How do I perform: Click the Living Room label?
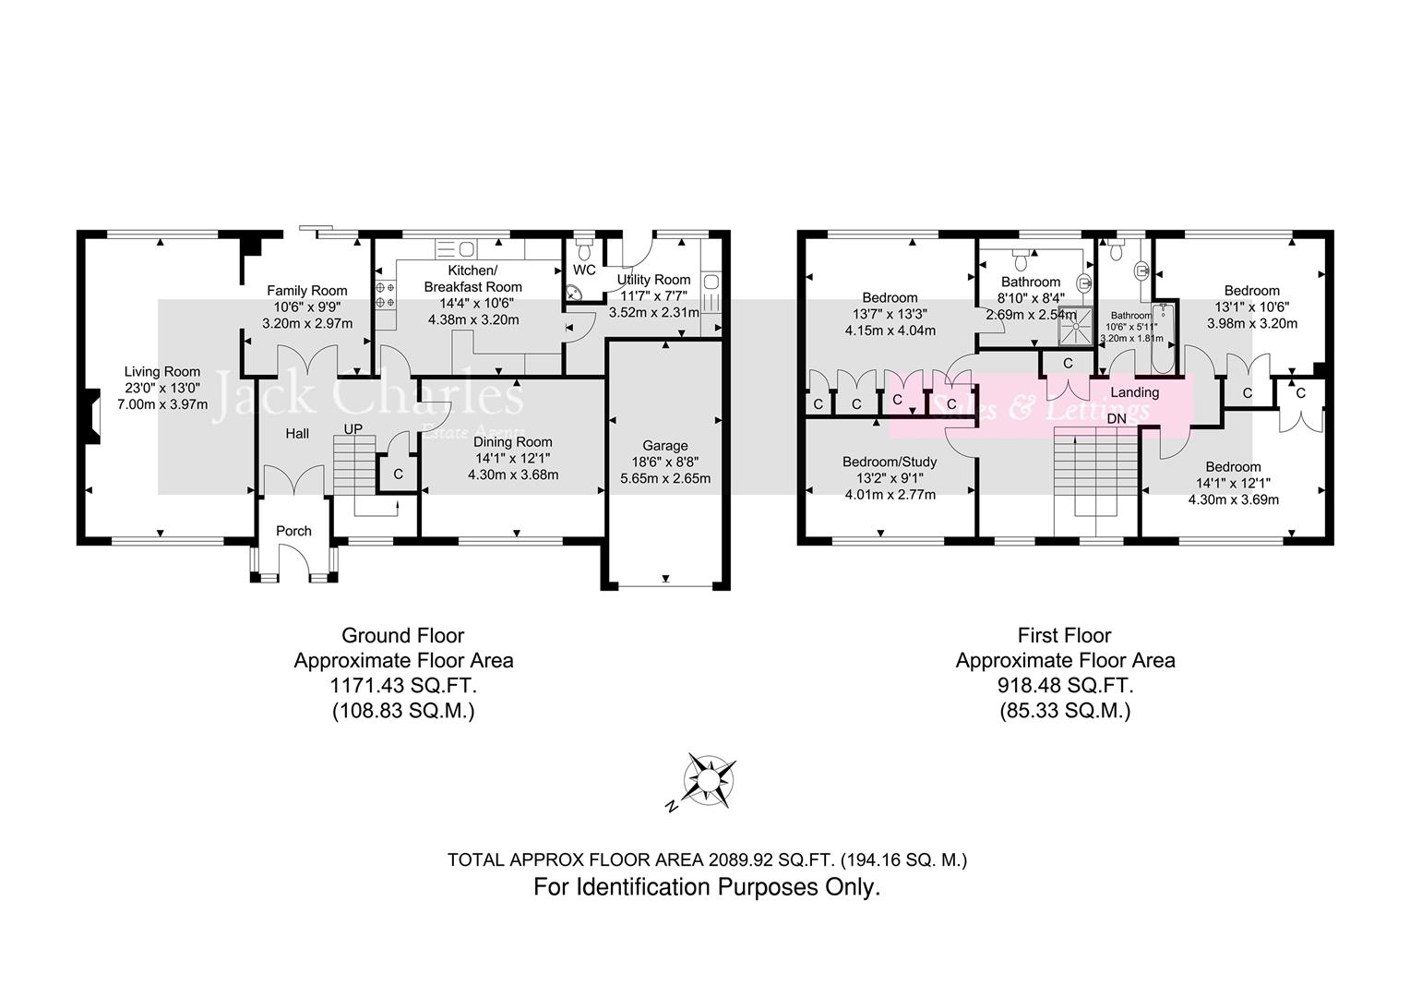click(x=162, y=372)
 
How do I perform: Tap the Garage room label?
click(x=665, y=446)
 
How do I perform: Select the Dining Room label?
click(x=513, y=442)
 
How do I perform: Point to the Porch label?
click(x=293, y=531)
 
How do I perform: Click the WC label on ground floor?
click(x=584, y=270)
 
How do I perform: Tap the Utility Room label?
click(x=653, y=280)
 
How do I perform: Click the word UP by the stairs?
click(x=353, y=429)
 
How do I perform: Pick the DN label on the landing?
click(x=1117, y=418)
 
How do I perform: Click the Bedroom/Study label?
click(x=890, y=462)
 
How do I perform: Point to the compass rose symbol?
click(x=709, y=781)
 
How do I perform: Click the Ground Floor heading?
click(x=402, y=635)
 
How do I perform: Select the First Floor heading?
click(x=1064, y=635)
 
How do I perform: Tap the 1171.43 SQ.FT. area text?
click(x=402, y=686)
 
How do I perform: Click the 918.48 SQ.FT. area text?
click(x=1064, y=686)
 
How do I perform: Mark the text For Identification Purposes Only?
click(x=707, y=887)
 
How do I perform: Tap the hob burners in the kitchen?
click(x=385, y=294)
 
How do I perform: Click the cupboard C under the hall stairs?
click(x=398, y=474)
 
